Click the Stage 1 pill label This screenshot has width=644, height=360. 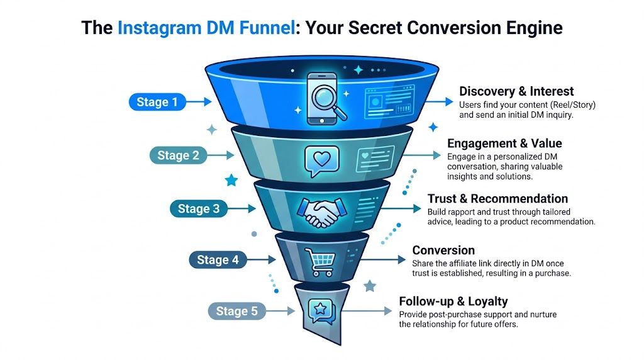pyautogui.click(x=153, y=102)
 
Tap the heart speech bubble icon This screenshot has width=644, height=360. pyautogui.click(x=317, y=160)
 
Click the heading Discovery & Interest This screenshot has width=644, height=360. pyautogui.click(x=516, y=92)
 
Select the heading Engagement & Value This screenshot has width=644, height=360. pyautogui.click(x=504, y=143)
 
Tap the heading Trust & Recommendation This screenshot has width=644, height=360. pyautogui.click(x=497, y=199)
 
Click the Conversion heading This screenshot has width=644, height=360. pyautogui.click(x=443, y=250)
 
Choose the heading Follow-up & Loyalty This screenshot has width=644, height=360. pyautogui.click(x=453, y=301)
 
